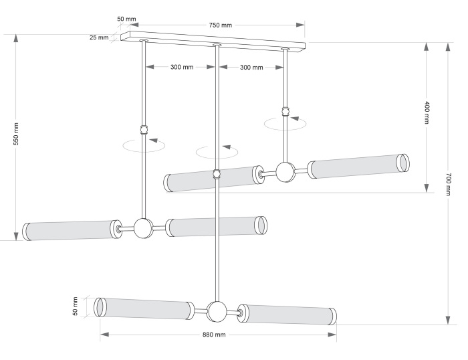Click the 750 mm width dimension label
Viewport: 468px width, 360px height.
220,25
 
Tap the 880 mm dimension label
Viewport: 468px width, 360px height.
214,335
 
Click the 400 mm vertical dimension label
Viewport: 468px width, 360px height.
427,112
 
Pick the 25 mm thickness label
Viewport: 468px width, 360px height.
98,37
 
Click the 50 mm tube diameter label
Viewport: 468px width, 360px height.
76,306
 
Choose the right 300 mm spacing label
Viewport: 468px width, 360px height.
251,68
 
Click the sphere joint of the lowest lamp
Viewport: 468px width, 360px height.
217,312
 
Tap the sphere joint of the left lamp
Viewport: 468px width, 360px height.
143,228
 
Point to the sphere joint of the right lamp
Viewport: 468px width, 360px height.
285,172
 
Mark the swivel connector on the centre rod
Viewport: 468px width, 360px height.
216,174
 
